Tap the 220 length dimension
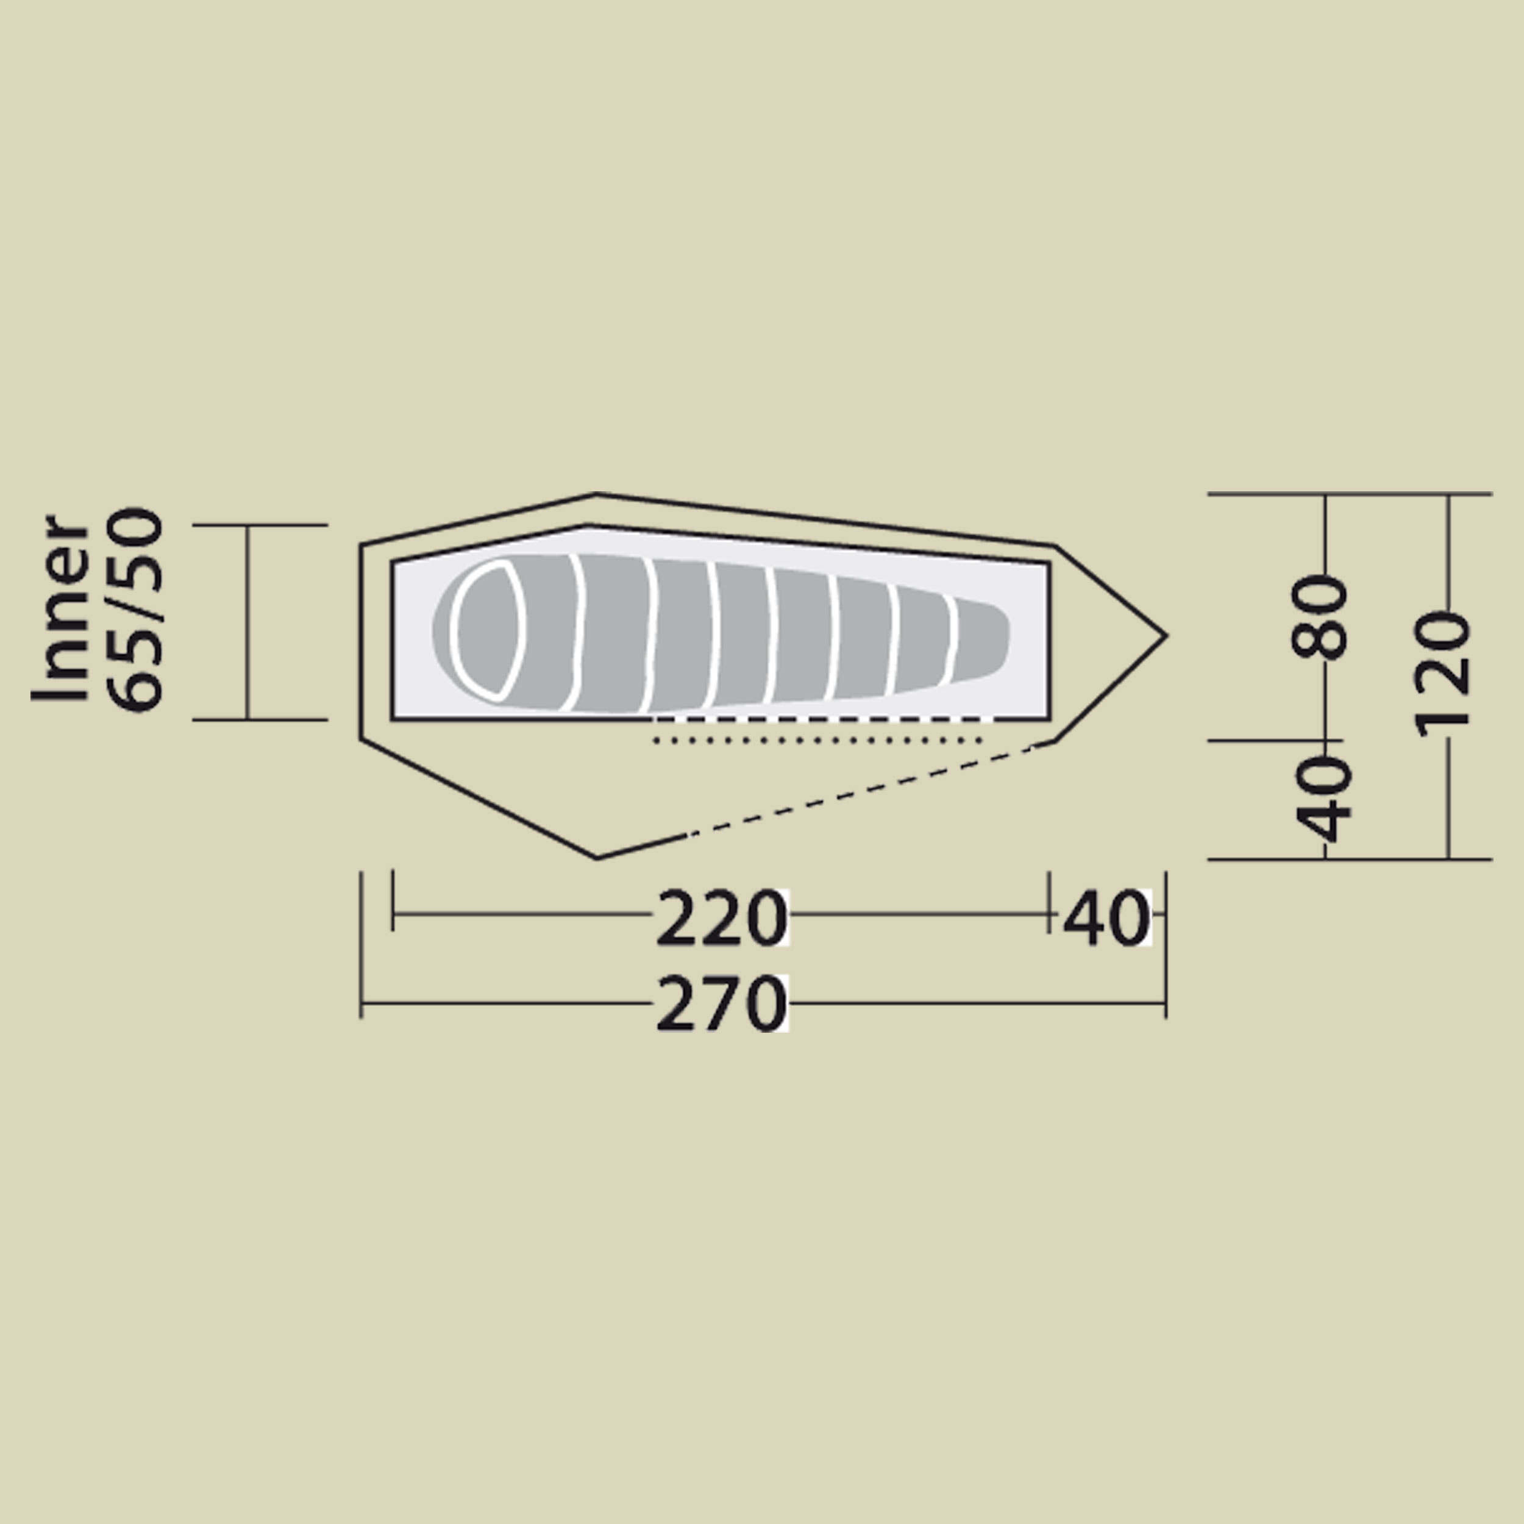point(721,918)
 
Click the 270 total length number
point(721,1003)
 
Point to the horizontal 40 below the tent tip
point(1106,918)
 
